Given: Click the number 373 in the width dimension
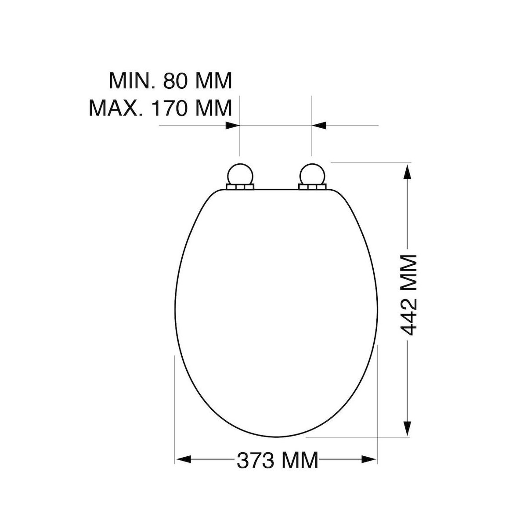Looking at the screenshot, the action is point(256,460).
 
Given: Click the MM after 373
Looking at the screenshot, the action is point(300,460).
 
